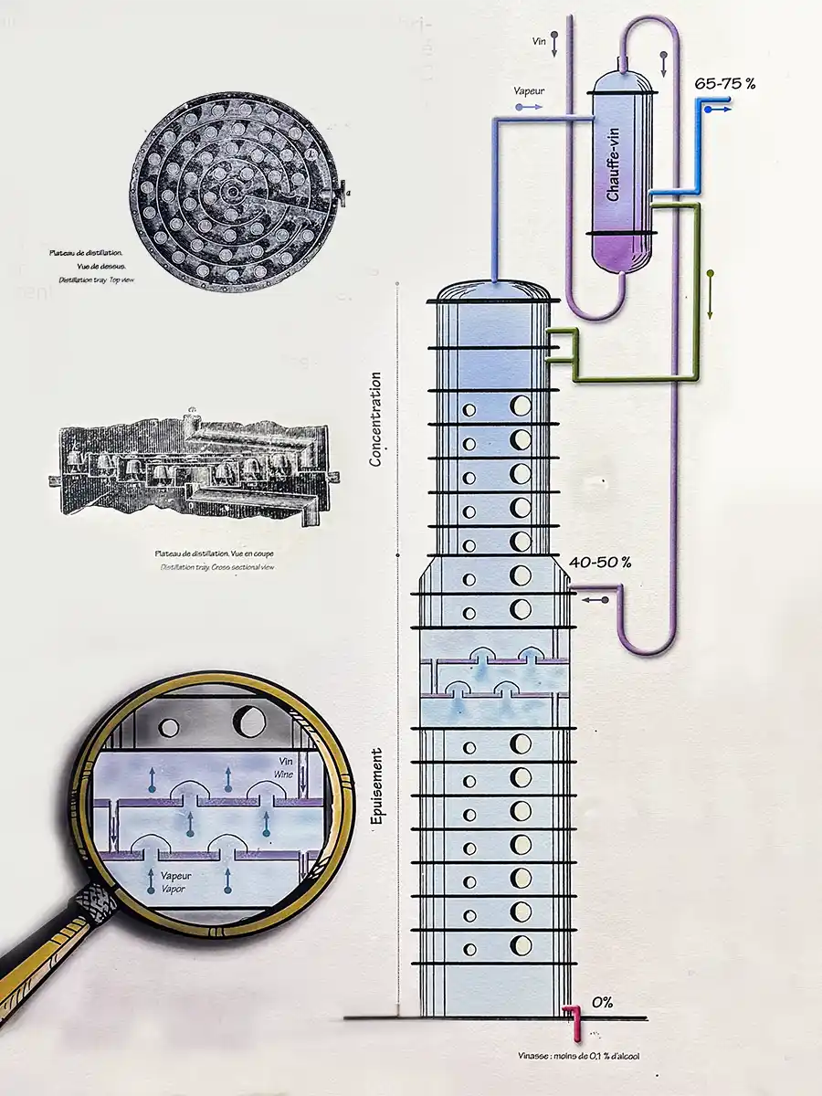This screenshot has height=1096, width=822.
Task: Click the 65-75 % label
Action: [725, 83]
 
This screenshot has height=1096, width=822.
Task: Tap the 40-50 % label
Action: [600, 562]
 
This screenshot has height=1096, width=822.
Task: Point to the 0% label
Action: [602, 1003]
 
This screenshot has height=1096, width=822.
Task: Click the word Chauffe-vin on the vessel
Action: [613, 165]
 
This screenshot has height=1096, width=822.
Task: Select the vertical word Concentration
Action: [374, 418]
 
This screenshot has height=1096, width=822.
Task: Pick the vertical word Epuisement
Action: [375, 787]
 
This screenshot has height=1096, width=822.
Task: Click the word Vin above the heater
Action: [539, 41]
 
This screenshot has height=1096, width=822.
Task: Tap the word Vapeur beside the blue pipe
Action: [530, 91]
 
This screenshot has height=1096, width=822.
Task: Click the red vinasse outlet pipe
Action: [574, 1017]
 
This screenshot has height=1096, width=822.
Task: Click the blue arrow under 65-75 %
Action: [719, 109]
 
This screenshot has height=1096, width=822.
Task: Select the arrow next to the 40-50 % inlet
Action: [595, 600]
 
